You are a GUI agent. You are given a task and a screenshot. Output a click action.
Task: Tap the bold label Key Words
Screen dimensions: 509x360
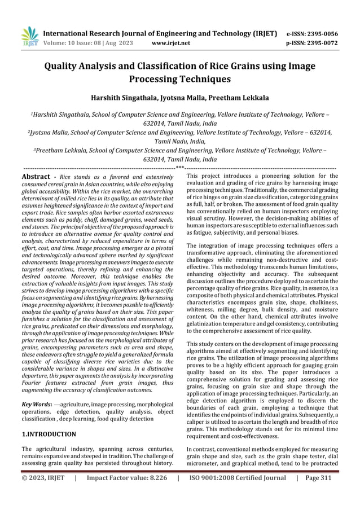(37, 405)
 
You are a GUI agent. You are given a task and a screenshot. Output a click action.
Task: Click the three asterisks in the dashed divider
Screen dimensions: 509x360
(179, 168)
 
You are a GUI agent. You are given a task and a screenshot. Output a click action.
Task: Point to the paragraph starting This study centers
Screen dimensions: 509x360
(262, 343)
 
